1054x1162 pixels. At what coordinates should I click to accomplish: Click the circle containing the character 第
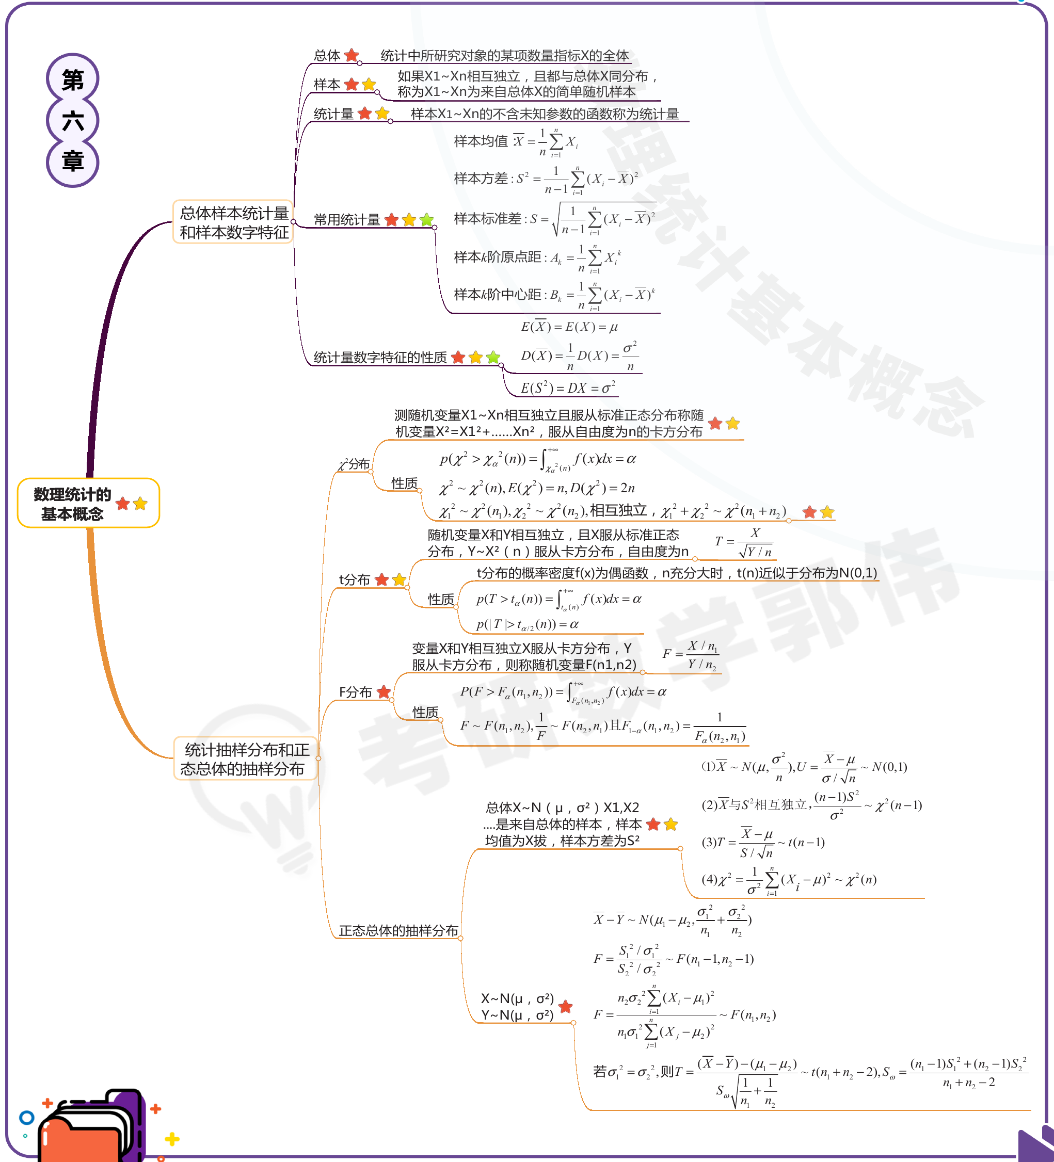pyautogui.click(x=73, y=79)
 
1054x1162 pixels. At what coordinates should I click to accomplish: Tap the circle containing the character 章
pyautogui.click(x=73, y=162)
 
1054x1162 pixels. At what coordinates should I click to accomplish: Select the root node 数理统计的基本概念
pyautogui.click(x=73, y=503)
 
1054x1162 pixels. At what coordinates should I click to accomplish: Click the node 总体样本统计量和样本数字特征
pyautogui.click(x=233, y=222)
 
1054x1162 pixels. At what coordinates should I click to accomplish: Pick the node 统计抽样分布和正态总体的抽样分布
pyautogui.click(x=246, y=758)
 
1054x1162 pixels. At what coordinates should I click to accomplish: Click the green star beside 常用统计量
pyautogui.click(x=427, y=220)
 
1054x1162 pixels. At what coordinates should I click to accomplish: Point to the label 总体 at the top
pyautogui.click(x=327, y=55)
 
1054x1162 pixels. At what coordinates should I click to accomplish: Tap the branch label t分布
pyautogui.click(x=354, y=580)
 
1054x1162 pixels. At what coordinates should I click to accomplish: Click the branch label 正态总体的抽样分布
pyautogui.click(x=398, y=930)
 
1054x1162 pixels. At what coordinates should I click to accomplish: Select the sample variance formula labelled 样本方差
pyautogui.click(x=546, y=179)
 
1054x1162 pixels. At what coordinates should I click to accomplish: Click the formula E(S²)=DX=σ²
pyautogui.click(x=568, y=388)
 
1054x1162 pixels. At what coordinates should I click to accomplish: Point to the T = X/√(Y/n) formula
pyautogui.click(x=744, y=542)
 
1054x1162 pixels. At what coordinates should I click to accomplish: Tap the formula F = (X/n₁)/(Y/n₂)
pyautogui.click(x=691, y=655)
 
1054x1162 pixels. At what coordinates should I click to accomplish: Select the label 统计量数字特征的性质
pyautogui.click(x=380, y=358)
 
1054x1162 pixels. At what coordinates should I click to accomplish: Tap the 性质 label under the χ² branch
pyautogui.click(x=404, y=483)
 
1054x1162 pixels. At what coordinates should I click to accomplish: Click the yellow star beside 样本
pyautogui.click(x=369, y=85)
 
